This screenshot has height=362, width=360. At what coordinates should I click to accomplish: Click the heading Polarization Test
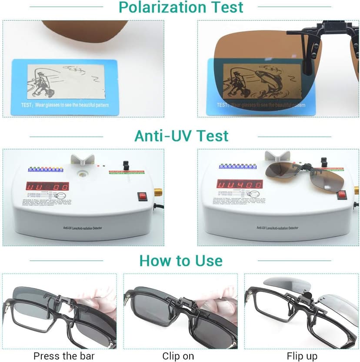pos(181,7)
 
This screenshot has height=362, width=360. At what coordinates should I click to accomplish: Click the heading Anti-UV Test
pos(181,136)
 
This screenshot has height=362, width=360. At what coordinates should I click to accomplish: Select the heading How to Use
pos(181,261)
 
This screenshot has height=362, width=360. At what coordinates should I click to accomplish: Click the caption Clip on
pos(178,356)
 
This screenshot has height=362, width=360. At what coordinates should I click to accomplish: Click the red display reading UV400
pos(240,184)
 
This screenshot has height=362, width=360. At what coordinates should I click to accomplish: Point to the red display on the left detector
pos(47,186)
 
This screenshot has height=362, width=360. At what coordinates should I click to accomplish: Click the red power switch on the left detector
pos(142,196)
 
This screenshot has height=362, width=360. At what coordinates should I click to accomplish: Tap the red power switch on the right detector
pos(342,195)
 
